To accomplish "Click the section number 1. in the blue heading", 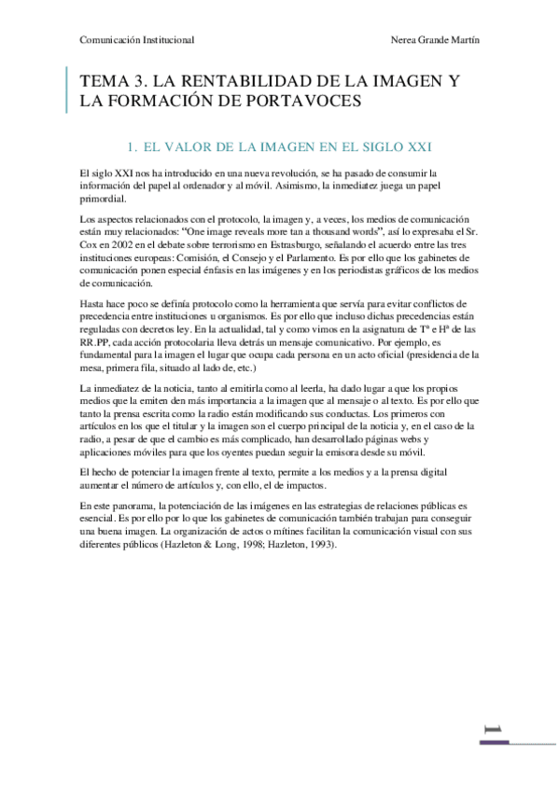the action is (132, 146).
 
